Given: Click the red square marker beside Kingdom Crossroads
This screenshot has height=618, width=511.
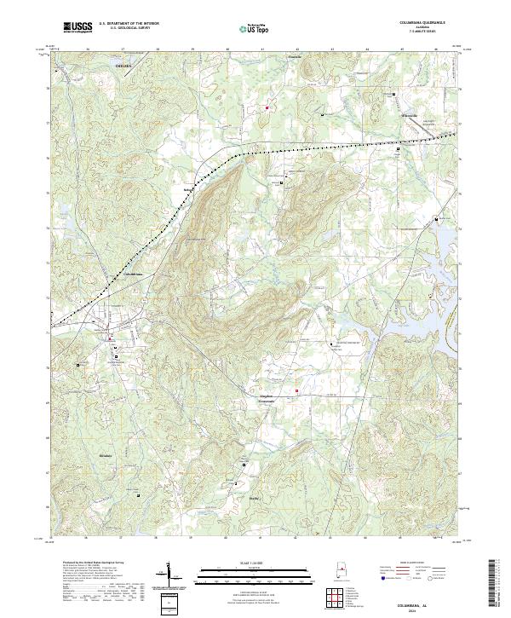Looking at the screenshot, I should click(296, 392).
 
